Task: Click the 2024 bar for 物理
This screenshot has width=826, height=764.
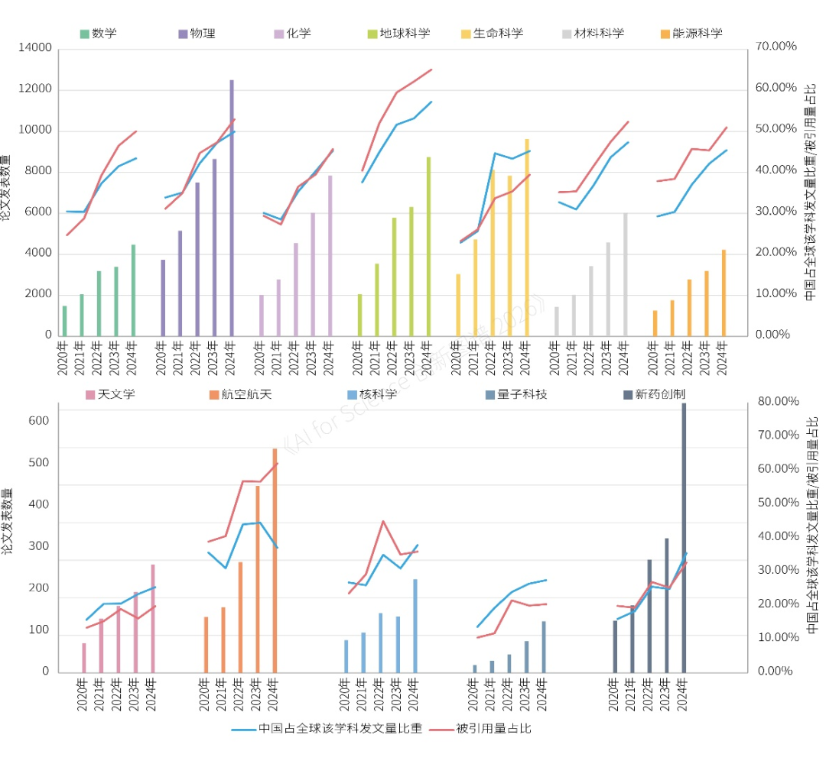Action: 232,208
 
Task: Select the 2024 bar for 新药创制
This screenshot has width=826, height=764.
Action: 684,538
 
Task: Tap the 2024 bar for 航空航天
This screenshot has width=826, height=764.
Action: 275,561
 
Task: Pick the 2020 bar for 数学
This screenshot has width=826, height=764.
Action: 64,321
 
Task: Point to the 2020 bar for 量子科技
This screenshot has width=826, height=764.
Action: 474,668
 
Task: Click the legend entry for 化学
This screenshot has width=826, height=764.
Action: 293,34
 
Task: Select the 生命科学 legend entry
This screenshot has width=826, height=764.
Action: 492,34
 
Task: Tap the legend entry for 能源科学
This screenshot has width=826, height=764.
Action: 690,34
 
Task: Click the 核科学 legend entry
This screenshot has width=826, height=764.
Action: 372,394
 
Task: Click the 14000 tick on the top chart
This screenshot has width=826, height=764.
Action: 34,48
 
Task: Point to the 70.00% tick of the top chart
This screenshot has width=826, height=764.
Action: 776,47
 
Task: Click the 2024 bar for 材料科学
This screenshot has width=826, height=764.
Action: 626,274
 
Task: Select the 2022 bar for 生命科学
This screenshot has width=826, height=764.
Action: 493,253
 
